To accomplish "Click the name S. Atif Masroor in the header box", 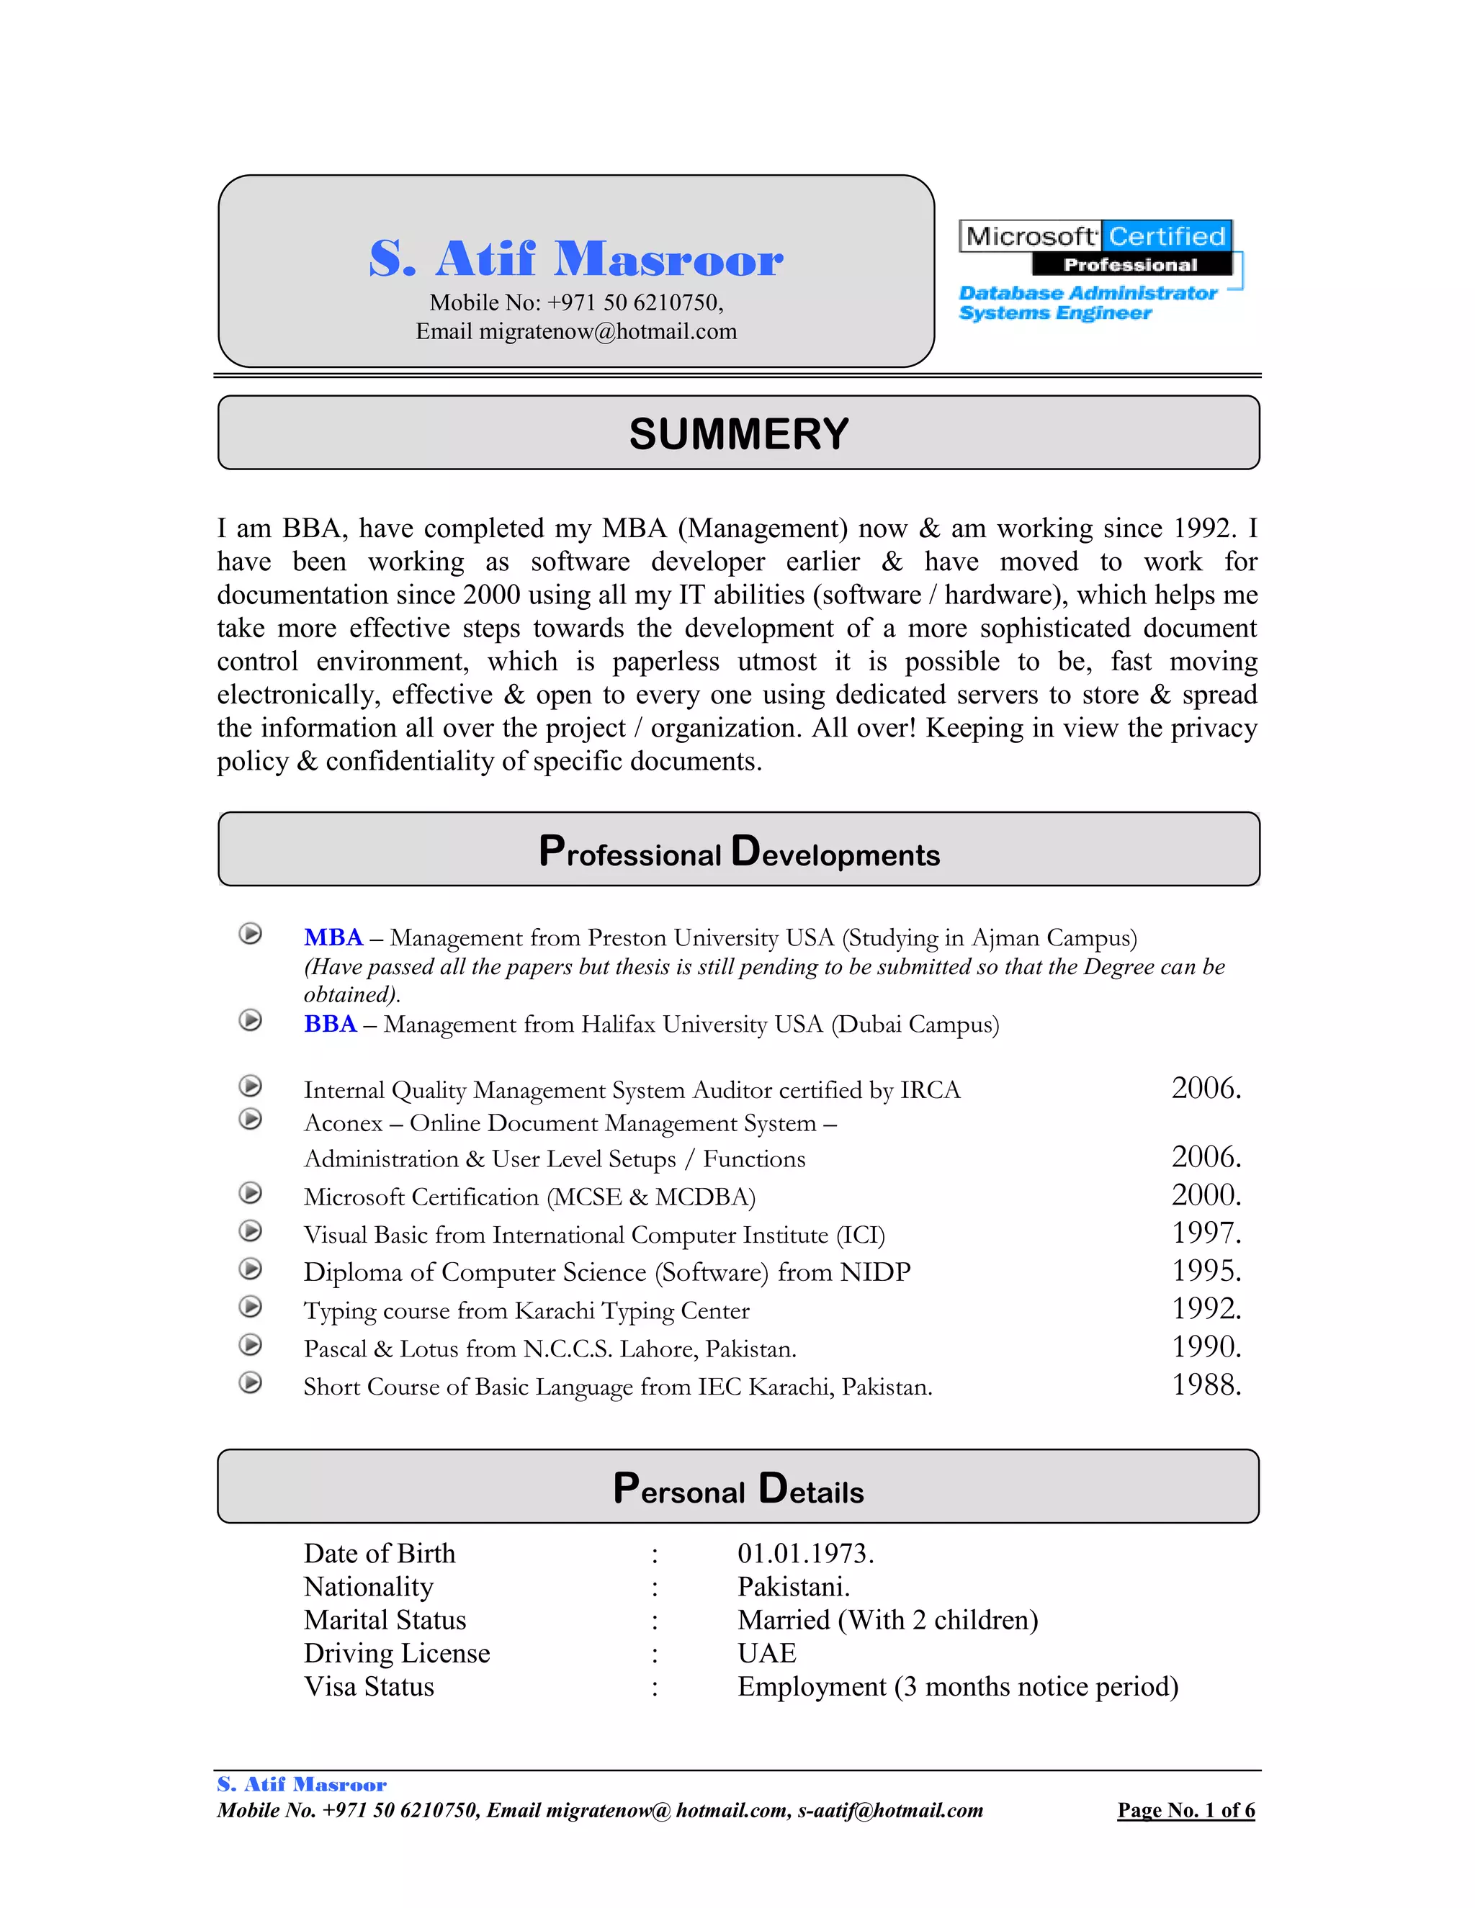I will (x=576, y=258).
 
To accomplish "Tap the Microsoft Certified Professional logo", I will (x=1097, y=249).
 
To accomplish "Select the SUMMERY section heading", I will (x=738, y=434).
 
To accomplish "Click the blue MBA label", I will (x=333, y=937).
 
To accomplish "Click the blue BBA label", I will (x=331, y=1024).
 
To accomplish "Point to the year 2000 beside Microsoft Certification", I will (x=1205, y=1194).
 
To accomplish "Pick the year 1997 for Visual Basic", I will (x=1205, y=1233).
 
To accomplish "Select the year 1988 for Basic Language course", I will (x=1205, y=1385).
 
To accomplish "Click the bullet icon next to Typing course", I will (x=251, y=1307).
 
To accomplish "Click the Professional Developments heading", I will (x=738, y=852).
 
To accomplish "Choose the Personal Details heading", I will (x=738, y=1489).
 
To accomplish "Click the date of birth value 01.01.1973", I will (x=804, y=1553).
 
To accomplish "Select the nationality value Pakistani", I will (x=792, y=1586).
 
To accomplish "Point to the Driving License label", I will (x=397, y=1653).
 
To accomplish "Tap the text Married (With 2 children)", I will (x=887, y=1620).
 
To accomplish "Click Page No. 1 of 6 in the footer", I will (x=1185, y=1810).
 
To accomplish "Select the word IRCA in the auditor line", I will (x=930, y=1090).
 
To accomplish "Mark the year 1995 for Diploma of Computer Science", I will (x=1205, y=1270).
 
